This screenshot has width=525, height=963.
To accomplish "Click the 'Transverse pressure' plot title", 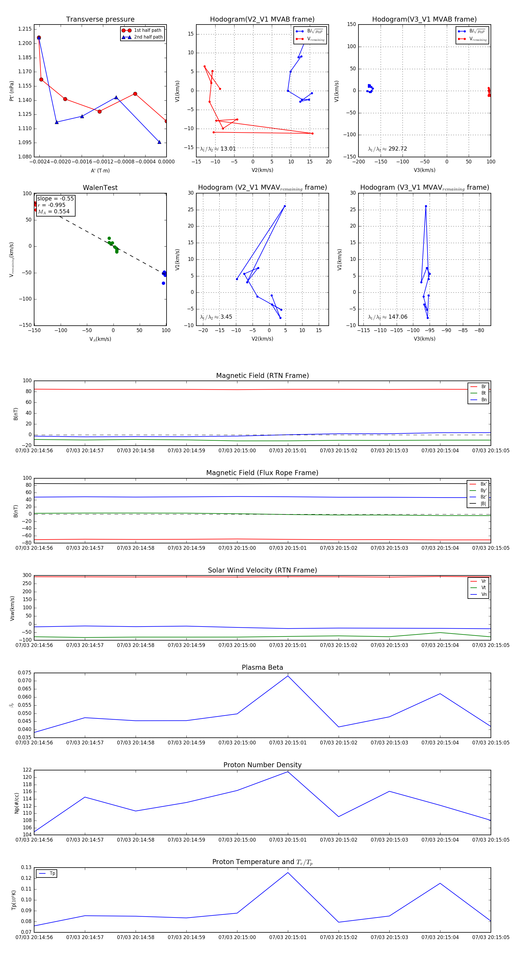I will point(100,20).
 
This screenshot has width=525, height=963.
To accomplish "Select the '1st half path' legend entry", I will point(147,30).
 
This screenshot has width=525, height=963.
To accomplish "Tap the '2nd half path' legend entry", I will point(148,37).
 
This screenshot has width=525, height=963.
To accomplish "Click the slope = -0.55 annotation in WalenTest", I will point(55,198).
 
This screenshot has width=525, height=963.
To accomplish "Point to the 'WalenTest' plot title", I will point(100,188).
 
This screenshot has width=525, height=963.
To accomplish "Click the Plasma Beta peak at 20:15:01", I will point(288,676).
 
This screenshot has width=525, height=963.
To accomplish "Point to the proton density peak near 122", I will point(288,772).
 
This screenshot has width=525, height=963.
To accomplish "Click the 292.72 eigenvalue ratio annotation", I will point(388,149).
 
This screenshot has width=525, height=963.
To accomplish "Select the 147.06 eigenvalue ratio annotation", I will point(388,317).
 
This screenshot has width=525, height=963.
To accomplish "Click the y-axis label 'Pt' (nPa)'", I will point(12,91).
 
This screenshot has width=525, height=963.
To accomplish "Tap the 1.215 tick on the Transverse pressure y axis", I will point(25,29).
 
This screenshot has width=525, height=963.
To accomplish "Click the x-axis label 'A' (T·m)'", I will point(100,170).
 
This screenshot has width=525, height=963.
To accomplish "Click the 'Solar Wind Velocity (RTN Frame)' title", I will point(262,570).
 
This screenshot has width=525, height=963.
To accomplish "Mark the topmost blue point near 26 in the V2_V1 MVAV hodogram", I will point(285,206).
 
